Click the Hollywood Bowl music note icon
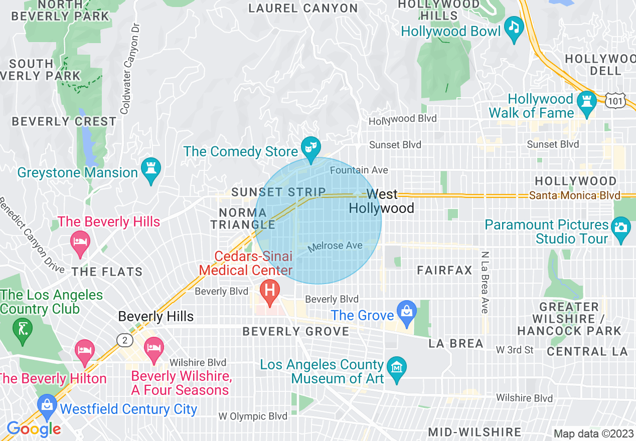(514, 27)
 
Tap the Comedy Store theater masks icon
(310, 147)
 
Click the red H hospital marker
(270, 291)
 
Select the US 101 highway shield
(614, 102)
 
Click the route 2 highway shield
(124, 339)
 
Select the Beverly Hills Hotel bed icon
(79, 242)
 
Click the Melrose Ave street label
(335, 246)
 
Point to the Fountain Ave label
(359, 170)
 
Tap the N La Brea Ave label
(485, 282)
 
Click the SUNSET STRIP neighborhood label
(278, 192)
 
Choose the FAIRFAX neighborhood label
(445, 271)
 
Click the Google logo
(34, 429)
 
